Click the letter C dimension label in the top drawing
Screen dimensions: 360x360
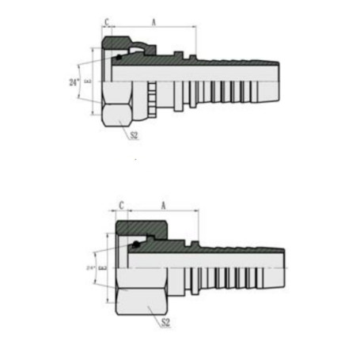[x=107, y=23]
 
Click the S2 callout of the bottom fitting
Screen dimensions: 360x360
[x=164, y=324]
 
